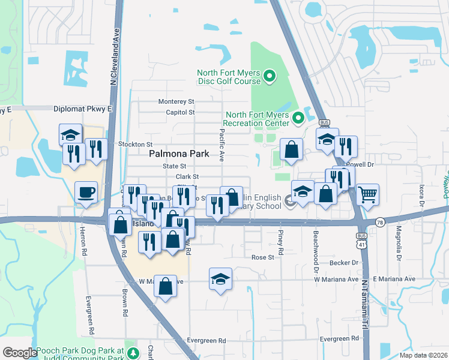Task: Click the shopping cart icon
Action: [x=367, y=194]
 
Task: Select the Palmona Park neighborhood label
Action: [x=179, y=154]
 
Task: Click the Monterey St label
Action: [x=176, y=102]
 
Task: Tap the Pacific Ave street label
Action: [x=221, y=146]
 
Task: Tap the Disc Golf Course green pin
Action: [x=270, y=76]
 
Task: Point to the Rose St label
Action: [x=262, y=257]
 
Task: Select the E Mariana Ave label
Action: [x=394, y=279]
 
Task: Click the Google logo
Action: [x=19, y=353]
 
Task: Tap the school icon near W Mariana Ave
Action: [x=221, y=280]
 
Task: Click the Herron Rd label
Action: [x=85, y=243]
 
